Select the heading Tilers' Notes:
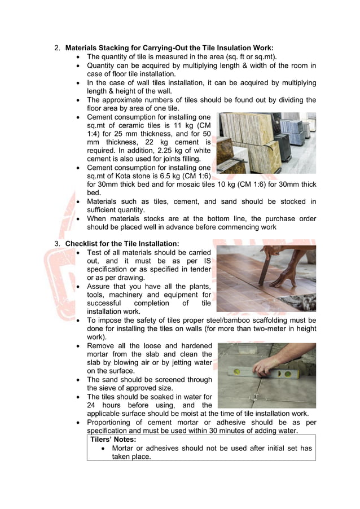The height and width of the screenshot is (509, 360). point(113,439)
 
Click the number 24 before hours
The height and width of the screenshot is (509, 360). point(91,405)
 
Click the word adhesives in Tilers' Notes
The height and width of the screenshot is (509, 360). point(161,448)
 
